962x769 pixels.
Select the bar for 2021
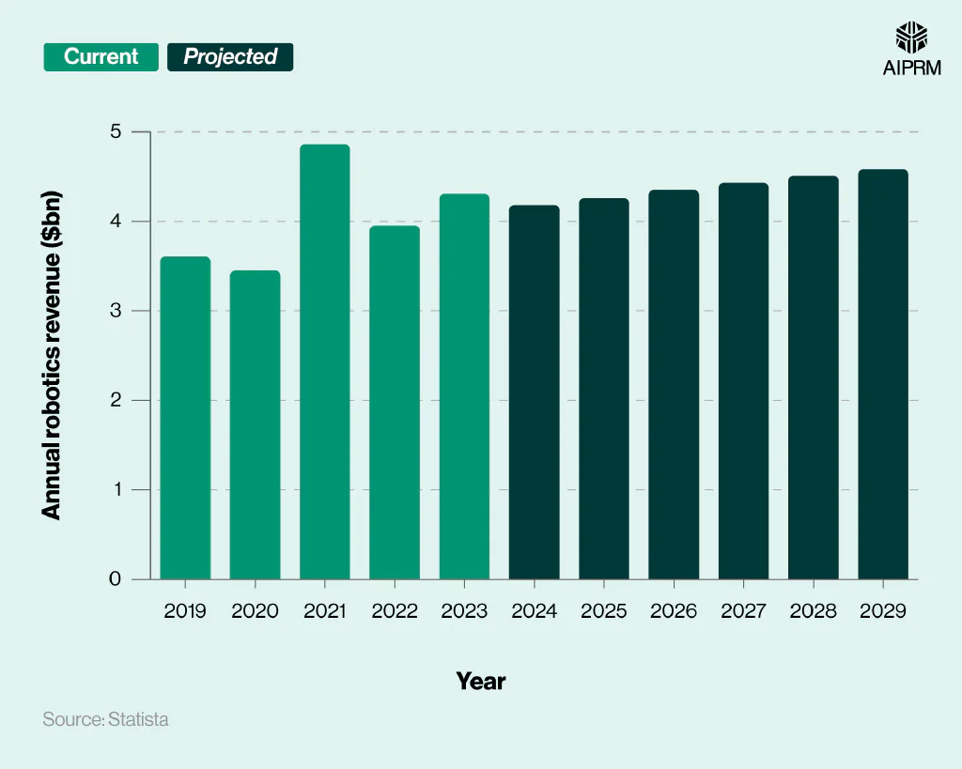click(x=325, y=361)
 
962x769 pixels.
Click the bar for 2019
click(x=185, y=418)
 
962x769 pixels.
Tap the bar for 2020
click(x=255, y=424)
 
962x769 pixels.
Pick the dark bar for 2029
click(x=883, y=374)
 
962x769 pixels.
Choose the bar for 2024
click(x=534, y=392)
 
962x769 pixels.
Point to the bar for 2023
click(x=464, y=386)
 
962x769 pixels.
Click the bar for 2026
click(x=674, y=384)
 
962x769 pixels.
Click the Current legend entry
click(x=101, y=57)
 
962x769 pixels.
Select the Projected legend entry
click(x=230, y=57)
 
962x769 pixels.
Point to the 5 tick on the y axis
click(x=116, y=131)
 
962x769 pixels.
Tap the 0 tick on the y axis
click(x=116, y=579)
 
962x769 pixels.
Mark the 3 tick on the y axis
click(x=116, y=311)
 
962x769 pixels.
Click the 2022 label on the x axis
click(x=395, y=611)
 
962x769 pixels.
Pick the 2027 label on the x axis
click(x=743, y=611)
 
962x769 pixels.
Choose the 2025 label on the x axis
click(x=604, y=611)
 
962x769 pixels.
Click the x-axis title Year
click(x=481, y=681)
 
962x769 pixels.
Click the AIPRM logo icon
click(x=910, y=38)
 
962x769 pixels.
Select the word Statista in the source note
click(x=138, y=720)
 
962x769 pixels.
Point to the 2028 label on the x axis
click(x=814, y=611)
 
